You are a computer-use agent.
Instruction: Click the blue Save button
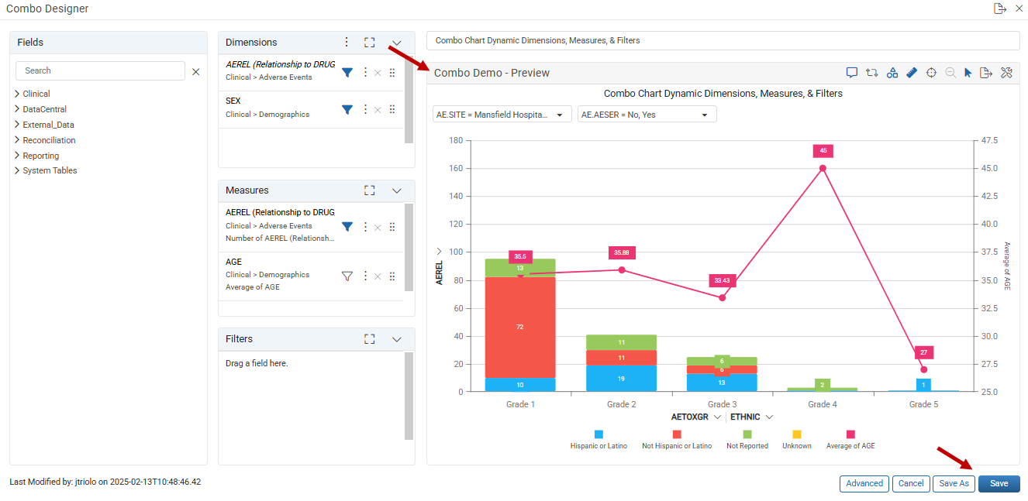[x=999, y=483]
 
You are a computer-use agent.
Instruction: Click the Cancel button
[x=910, y=483]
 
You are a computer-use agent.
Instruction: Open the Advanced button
[x=864, y=483]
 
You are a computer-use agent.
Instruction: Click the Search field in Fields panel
[x=100, y=70]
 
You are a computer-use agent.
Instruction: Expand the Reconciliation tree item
[x=49, y=140]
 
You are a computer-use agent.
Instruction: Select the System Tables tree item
[x=50, y=170]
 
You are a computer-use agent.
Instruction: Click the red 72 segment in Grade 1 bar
[x=520, y=328]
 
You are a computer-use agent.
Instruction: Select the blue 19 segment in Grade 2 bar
[x=621, y=379]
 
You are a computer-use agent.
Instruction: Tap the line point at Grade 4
[x=823, y=168]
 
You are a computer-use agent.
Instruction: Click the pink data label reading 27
[x=923, y=352]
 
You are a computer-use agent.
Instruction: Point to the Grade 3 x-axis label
[x=722, y=404]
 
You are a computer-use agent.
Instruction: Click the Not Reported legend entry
[x=747, y=439]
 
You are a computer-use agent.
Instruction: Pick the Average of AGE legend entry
[x=850, y=439]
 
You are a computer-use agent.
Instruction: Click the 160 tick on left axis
[x=456, y=168]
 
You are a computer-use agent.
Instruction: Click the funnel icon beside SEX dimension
[x=347, y=109]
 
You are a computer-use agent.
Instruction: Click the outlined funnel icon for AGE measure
[x=347, y=276]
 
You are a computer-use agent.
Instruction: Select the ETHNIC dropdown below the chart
[x=751, y=417]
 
